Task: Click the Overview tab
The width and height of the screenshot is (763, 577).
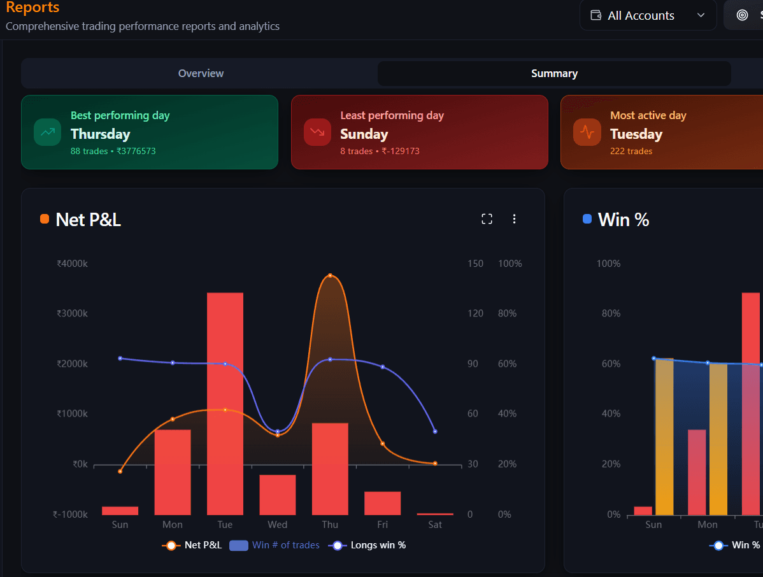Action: point(201,73)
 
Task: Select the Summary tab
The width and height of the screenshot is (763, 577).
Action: point(554,73)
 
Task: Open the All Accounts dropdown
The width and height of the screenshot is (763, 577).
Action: point(648,15)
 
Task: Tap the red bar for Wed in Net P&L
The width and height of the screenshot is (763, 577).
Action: point(278,494)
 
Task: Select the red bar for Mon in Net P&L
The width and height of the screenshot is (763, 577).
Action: point(173,472)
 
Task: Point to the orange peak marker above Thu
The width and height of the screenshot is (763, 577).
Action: point(330,276)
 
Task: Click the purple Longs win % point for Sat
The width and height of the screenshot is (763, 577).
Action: point(435,431)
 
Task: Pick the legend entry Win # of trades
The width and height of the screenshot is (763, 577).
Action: point(275,545)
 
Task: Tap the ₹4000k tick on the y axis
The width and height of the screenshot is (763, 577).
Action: point(72,264)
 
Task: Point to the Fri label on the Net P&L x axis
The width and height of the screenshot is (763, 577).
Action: point(383,525)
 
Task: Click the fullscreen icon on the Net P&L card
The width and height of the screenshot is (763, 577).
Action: point(487,219)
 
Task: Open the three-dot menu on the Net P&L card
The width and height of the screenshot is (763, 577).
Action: point(515,219)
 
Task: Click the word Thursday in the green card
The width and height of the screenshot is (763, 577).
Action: point(101,134)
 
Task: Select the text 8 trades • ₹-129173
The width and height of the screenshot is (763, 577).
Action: point(380,151)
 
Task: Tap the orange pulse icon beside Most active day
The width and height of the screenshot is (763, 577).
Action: point(587,132)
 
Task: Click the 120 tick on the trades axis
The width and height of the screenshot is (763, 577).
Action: point(475,313)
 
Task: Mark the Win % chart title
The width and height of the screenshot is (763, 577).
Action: point(624,220)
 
